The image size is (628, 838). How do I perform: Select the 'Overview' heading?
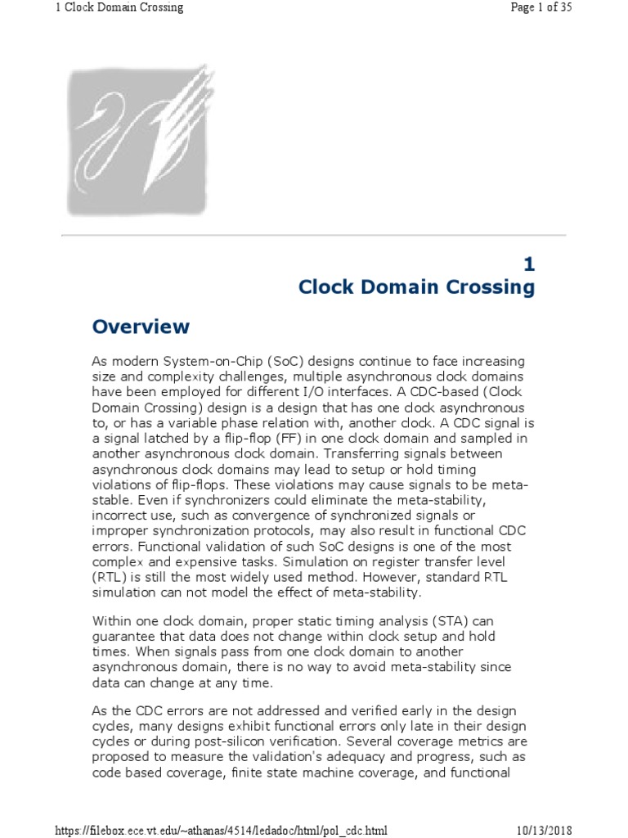(x=141, y=327)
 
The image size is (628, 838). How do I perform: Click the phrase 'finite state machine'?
(x=266, y=773)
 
